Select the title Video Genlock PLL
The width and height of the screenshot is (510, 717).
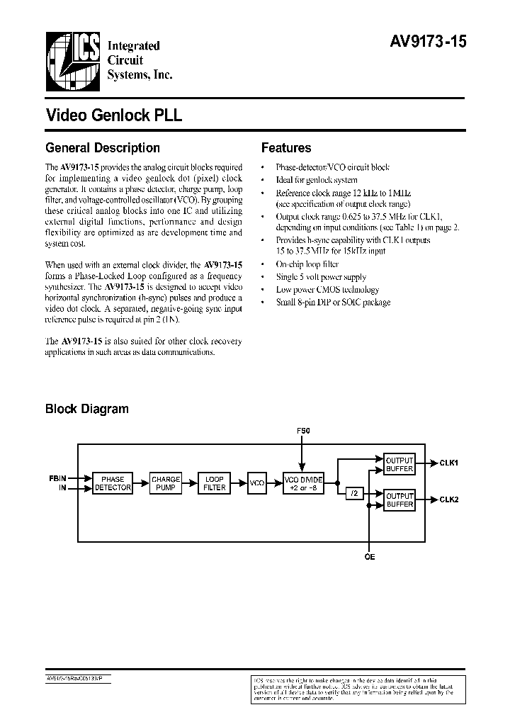pyautogui.click(x=114, y=115)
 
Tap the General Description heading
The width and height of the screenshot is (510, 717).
pyautogui.click(x=103, y=148)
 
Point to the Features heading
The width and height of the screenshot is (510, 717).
pyautogui.click(x=286, y=148)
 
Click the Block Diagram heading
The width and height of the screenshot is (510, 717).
pyautogui.click(x=87, y=409)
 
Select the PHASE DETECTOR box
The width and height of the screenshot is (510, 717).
pyautogui.click(x=113, y=484)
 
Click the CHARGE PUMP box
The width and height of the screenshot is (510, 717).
pyautogui.click(x=166, y=484)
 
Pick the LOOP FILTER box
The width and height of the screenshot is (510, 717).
pyautogui.click(x=215, y=484)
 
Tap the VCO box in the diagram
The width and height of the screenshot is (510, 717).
pyautogui.click(x=256, y=483)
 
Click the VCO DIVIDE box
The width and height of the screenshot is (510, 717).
pyautogui.click(x=302, y=484)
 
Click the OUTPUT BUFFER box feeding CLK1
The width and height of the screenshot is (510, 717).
pyautogui.click(x=399, y=464)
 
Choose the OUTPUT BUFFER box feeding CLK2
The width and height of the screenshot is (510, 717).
pyautogui.click(x=399, y=500)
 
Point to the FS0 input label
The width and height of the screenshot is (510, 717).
pyautogui.click(x=302, y=431)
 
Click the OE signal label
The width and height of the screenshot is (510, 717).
pyautogui.click(x=369, y=557)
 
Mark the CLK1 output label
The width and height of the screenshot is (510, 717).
pyautogui.click(x=448, y=463)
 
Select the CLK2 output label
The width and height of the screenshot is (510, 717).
pyautogui.click(x=448, y=499)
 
